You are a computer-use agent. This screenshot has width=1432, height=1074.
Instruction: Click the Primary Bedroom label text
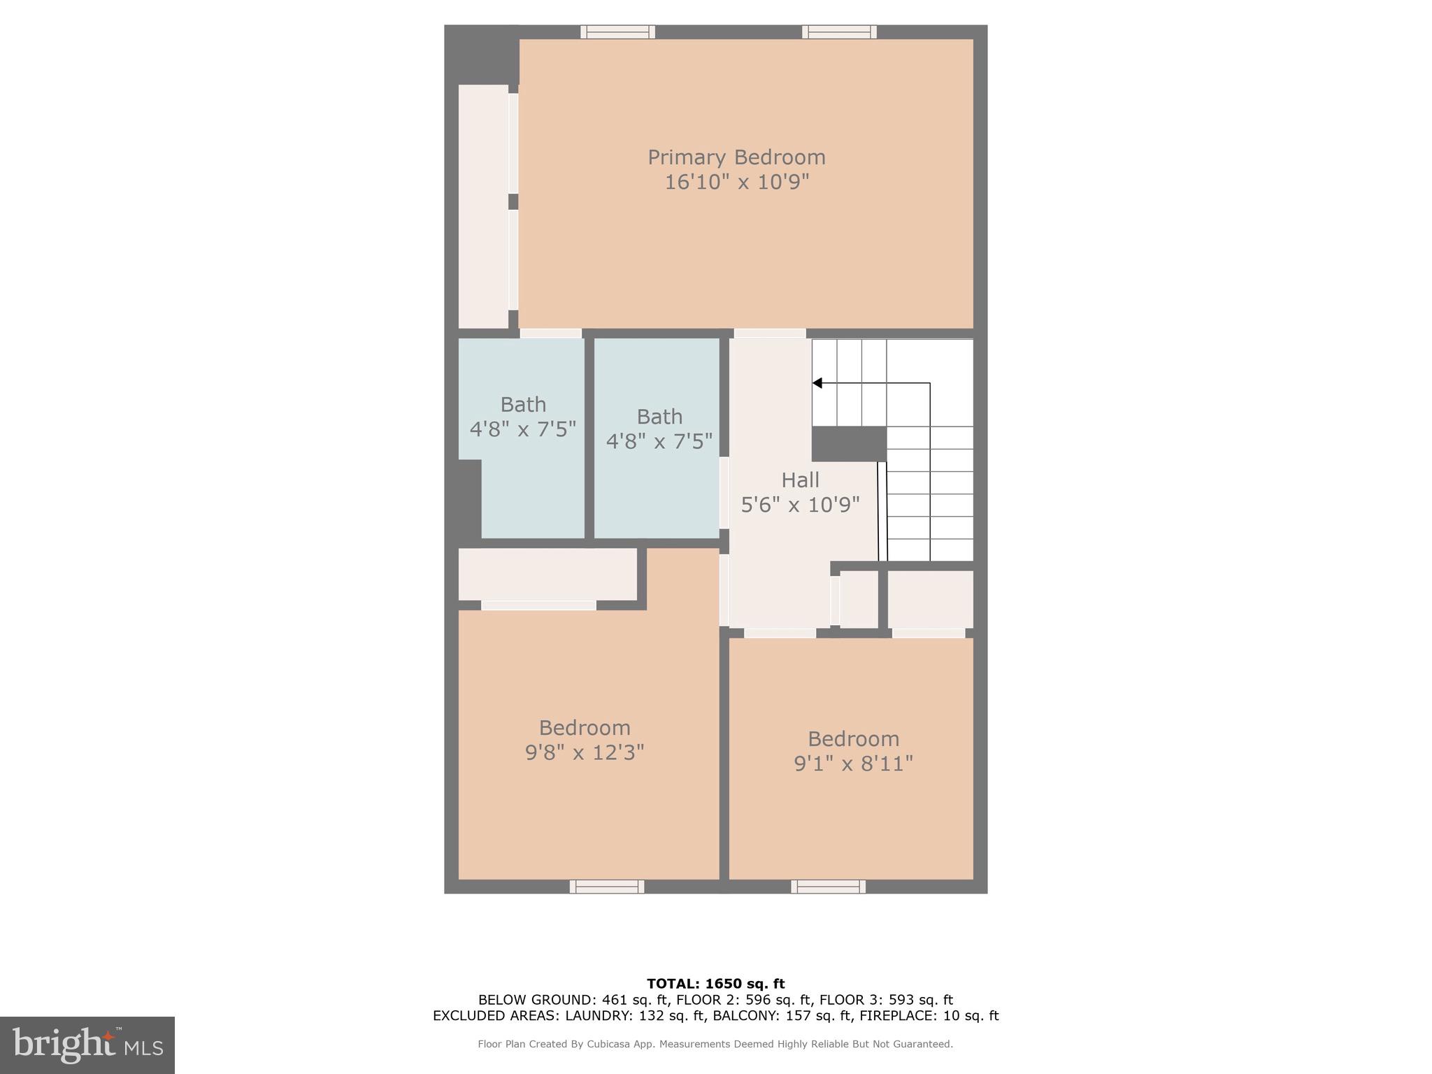tap(736, 157)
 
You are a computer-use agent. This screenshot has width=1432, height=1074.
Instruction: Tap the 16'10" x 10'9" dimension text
tap(736, 182)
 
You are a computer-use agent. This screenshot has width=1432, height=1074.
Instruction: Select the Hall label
tap(800, 480)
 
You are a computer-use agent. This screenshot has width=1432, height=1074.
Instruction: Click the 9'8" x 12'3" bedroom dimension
tap(585, 753)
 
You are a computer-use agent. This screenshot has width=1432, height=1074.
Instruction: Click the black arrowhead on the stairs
tap(817, 383)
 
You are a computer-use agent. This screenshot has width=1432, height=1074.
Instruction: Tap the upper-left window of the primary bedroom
tap(617, 32)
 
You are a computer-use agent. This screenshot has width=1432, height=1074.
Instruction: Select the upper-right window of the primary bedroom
tap(839, 32)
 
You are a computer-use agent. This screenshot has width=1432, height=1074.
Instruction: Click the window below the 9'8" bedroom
tap(607, 887)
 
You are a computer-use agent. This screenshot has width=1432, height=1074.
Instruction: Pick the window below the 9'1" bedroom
tap(828, 887)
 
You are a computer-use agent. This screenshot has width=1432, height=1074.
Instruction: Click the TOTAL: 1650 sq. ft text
tap(715, 984)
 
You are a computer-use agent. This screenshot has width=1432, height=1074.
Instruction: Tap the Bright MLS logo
tap(87, 1045)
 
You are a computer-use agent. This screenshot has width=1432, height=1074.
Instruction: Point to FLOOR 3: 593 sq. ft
tap(886, 1000)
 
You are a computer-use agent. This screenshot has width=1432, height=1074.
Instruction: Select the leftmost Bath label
tap(523, 405)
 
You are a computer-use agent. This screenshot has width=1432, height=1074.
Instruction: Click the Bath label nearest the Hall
tap(659, 417)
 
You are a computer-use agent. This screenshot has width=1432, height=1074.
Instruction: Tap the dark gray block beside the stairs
tap(849, 444)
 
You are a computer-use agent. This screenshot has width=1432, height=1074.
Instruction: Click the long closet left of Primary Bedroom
tap(483, 206)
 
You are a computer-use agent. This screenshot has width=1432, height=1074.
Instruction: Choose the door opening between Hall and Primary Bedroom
tap(769, 334)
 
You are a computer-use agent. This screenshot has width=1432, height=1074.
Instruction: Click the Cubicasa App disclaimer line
tap(715, 1044)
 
